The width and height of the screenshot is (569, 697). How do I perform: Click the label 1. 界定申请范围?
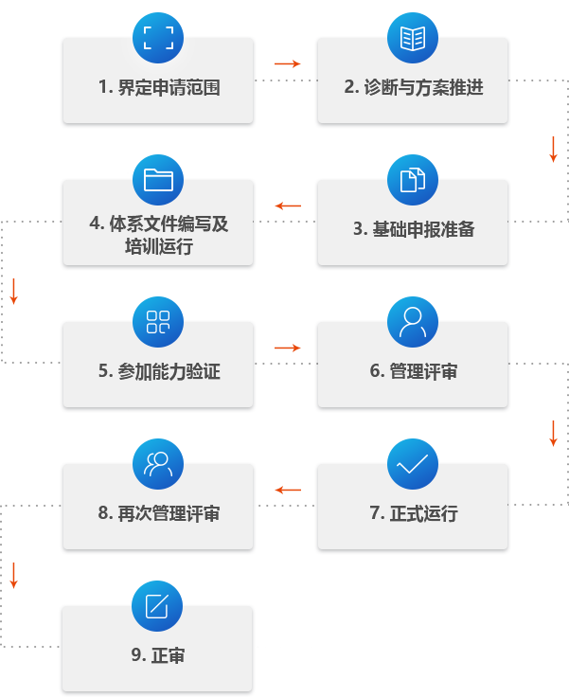click(x=158, y=88)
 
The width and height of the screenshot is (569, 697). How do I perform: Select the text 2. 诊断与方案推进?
click(x=414, y=88)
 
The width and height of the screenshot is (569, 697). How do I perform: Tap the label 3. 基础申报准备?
click(x=414, y=229)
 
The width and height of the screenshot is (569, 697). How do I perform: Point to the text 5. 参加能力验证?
click(x=158, y=372)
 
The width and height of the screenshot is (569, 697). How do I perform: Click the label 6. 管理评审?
click(x=414, y=372)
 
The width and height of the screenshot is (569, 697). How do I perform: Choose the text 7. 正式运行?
click(x=414, y=514)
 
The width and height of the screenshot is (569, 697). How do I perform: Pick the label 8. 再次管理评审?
click(x=158, y=514)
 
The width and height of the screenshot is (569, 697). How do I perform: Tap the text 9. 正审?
click(x=158, y=655)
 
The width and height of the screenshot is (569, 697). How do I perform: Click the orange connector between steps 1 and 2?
click(x=288, y=63)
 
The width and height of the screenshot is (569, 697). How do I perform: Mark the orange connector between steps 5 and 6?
click(x=288, y=348)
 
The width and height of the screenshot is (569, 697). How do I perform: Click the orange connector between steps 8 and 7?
click(x=288, y=490)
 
